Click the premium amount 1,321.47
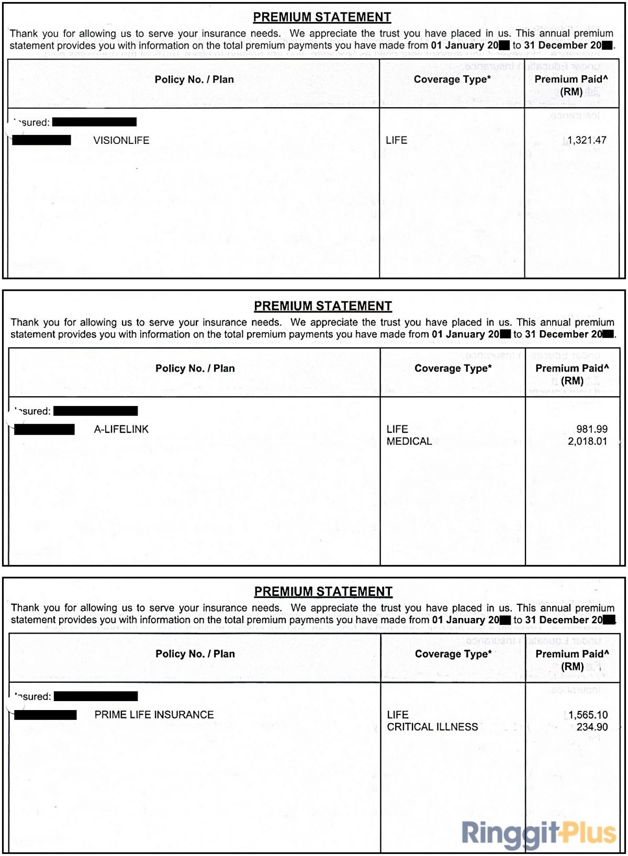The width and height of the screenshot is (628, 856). tap(587, 140)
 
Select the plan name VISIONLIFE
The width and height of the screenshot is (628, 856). tap(121, 140)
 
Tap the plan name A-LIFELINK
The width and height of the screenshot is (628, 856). tap(121, 429)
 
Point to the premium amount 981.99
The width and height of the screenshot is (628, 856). tap(592, 429)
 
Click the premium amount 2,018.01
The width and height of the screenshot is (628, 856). tap(588, 441)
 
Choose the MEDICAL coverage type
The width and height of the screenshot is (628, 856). tap(409, 441)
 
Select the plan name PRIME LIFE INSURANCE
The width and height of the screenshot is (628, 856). tap(154, 715)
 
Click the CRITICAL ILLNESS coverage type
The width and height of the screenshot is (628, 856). tap(432, 727)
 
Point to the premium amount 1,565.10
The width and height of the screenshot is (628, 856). tap(588, 715)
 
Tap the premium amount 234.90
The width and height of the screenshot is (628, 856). tap(592, 727)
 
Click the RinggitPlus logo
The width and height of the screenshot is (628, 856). tap(539, 833)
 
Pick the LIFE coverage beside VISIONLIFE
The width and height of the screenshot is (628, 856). tap(397, 140)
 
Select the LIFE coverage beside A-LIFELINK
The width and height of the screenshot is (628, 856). tap(397, 429)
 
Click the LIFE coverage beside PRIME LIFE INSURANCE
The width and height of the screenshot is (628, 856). tap(398, 715)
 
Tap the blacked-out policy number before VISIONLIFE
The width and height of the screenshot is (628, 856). tap(42, 140)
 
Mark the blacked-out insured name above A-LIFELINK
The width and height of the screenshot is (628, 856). tap(96, 411)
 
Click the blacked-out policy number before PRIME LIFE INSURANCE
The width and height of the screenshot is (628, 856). tap(46, 715)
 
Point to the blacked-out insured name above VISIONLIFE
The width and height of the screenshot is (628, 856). tap(94, 122)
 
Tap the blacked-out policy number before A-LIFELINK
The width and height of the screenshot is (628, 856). tap(44, 430)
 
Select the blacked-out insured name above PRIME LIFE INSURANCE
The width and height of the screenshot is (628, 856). tap(96, 696)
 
